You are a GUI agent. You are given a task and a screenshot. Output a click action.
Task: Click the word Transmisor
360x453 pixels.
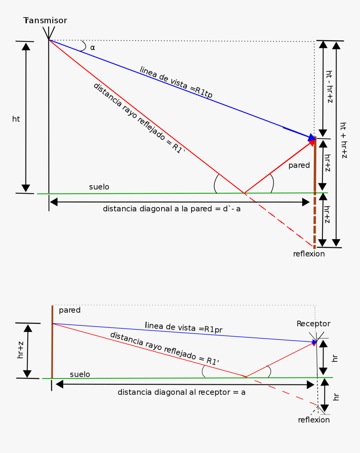[x=45, y=20]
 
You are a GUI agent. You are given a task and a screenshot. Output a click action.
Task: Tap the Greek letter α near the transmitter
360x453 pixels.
[x=93, y=48]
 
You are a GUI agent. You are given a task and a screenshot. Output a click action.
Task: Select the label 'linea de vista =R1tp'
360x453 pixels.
[x=176, y=82]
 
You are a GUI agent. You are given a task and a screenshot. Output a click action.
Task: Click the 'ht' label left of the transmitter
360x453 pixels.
[x=16, y=119]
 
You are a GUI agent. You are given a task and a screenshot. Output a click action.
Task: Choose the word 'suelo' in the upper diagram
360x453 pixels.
[x=99, y=187]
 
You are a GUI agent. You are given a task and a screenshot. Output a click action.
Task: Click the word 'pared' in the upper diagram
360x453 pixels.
[x=299, y=165]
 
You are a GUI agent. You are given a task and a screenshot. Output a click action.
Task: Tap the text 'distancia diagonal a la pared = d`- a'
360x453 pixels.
[x=172, y=209]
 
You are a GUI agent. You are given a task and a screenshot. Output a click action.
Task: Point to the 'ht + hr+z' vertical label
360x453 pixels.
[x=343, y=140]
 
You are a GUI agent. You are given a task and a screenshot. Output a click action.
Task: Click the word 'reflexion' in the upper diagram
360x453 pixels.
[x=309, y=254]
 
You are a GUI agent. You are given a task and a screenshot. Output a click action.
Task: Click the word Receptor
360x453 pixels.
[x=313, y=324]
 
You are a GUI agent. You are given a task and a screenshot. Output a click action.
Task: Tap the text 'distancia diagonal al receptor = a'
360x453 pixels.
[x=181, y=392]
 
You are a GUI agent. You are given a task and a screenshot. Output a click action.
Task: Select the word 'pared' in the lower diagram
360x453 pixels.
[x=69, y=310]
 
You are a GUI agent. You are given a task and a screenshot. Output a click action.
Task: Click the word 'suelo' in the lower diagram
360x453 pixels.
[x=80, y=374]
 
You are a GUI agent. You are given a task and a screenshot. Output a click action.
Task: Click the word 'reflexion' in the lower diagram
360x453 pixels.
[x=314, y=420]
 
